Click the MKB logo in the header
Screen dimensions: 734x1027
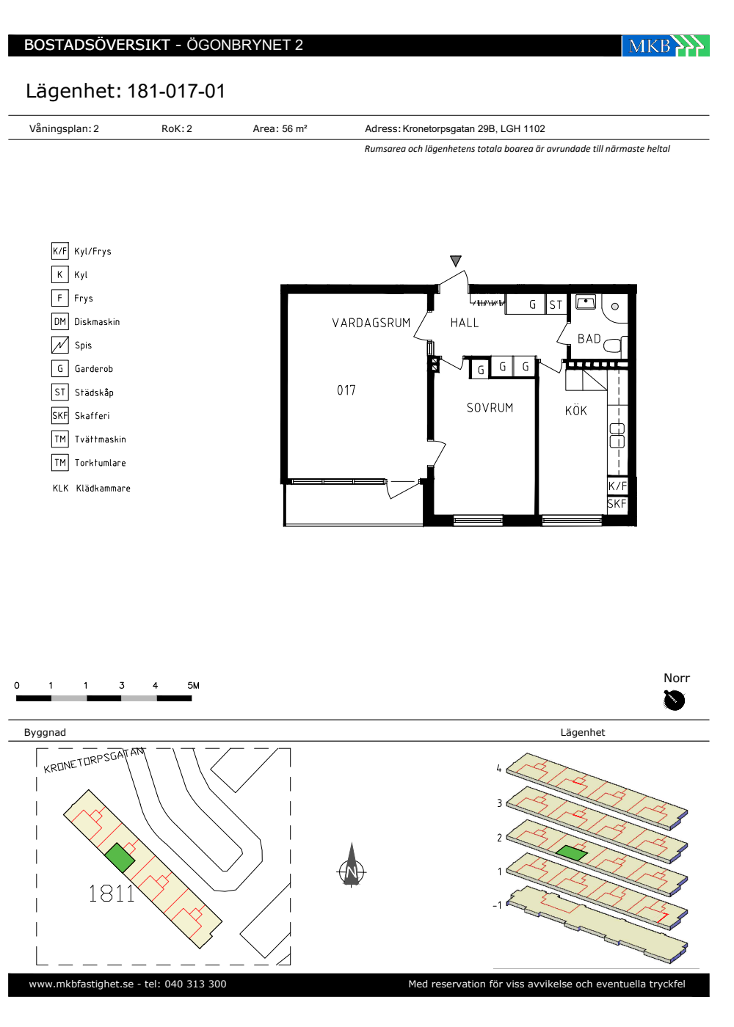click(665, 45)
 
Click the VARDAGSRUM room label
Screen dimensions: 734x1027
click(371, 323)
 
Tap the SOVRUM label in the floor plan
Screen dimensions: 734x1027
click(490, 408)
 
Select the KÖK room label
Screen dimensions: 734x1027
click(575, 410)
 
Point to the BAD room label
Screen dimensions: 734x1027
click(589, 339)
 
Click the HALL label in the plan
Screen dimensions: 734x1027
click(464, 323)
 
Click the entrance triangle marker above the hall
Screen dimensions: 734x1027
click(456, 261)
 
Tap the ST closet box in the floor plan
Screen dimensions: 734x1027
click(556, 304)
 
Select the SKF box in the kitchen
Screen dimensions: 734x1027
click(617, 504)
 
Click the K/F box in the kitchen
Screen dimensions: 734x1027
click(617, 486)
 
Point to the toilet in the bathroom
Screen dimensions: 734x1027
click(613, 346)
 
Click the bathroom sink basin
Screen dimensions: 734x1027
click(586, 302)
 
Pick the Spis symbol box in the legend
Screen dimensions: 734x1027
click(59, 345)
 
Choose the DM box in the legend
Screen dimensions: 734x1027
click(59, 321)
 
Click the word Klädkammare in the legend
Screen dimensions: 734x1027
click(103, 489)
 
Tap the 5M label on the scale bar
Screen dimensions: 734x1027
click(193, 685)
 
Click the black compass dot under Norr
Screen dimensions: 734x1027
click(675, 700)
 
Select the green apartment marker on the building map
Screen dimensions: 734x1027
click(119, 858)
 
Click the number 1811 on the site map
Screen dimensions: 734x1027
click(112, 893)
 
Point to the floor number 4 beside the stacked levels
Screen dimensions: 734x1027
click(499, 768)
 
